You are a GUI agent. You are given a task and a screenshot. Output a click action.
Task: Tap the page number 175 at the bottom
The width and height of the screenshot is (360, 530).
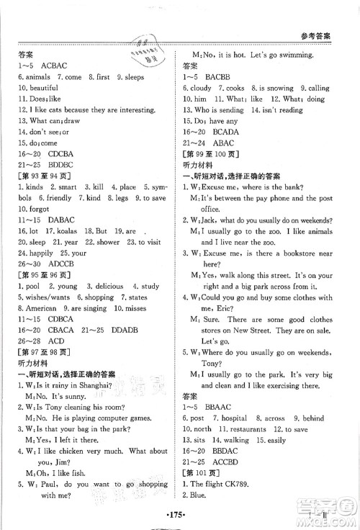coord(181,516)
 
